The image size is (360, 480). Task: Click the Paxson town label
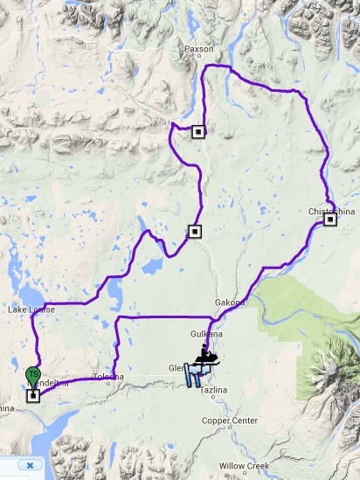[198, 50]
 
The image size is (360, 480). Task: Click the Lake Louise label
[31, 310]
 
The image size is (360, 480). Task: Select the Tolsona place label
[108, 377]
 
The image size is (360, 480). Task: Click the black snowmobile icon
[206, 356]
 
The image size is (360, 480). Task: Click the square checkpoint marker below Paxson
[198, 132]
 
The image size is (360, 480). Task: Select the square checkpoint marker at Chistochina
[330, 220]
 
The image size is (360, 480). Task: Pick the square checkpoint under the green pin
[33, 395]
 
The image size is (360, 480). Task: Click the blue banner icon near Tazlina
[197, 376]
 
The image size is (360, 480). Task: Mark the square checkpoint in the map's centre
[194, 232]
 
